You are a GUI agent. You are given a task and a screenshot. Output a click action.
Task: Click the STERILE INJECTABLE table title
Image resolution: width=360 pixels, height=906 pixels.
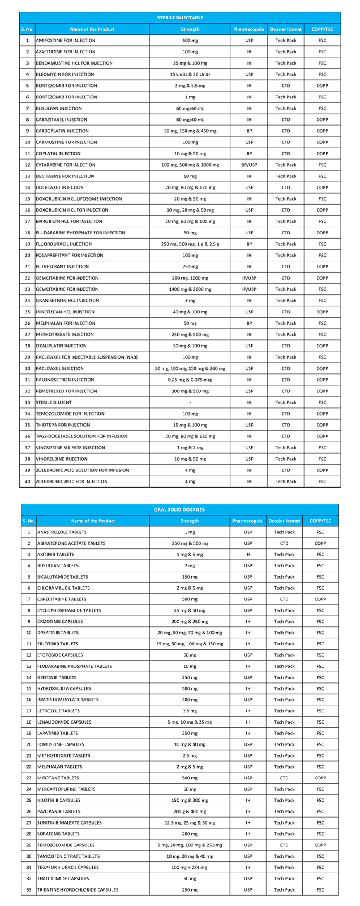coord(180,18)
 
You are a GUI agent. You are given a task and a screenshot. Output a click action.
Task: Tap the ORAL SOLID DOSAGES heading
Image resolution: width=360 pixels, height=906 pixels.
coord(180,509)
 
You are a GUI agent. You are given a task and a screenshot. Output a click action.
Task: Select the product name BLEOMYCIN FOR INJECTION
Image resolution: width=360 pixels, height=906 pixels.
coord(65,74)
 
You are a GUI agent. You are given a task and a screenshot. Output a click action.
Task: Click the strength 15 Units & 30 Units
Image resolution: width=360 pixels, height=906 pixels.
coord(190,74)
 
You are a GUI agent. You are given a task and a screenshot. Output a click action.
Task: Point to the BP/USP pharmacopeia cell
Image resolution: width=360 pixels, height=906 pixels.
coord(249,165)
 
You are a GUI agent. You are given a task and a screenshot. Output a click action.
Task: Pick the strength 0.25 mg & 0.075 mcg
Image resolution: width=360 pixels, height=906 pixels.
coord(190,380)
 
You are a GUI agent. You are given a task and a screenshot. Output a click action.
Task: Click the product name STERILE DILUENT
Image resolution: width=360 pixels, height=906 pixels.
coord(54,402)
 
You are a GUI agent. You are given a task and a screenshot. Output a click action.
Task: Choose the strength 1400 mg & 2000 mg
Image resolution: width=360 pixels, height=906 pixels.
coord(190,289)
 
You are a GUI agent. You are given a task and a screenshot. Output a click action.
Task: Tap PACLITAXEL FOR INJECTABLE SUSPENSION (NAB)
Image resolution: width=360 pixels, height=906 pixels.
coord(87,357)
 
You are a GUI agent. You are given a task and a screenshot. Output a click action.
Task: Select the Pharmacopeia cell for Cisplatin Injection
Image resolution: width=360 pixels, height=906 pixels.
coord(249,154)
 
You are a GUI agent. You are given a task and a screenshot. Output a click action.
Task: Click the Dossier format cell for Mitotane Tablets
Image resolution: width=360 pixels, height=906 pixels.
coord(284,778)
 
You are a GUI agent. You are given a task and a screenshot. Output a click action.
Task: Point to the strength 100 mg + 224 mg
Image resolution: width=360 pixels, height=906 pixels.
coord(189,867)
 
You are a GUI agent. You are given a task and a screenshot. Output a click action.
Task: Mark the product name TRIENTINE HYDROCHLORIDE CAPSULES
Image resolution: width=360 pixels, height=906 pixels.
coord(78,889)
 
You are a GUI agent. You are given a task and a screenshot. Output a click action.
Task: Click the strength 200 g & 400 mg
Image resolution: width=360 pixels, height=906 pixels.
coord(189,811)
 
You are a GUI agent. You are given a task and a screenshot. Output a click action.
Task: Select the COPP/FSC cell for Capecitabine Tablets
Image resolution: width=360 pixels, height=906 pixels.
coord(320,599)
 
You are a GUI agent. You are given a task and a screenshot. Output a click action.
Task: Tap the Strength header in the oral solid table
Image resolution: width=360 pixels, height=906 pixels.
coord(189,521)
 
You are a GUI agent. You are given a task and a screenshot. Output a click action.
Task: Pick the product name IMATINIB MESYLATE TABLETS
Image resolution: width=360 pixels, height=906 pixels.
coord(68,700)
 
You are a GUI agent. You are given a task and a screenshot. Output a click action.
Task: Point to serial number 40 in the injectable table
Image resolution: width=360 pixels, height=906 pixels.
coord(27,481)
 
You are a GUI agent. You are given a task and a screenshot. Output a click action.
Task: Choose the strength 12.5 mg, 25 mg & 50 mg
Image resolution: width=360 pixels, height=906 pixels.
coord(189,822)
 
